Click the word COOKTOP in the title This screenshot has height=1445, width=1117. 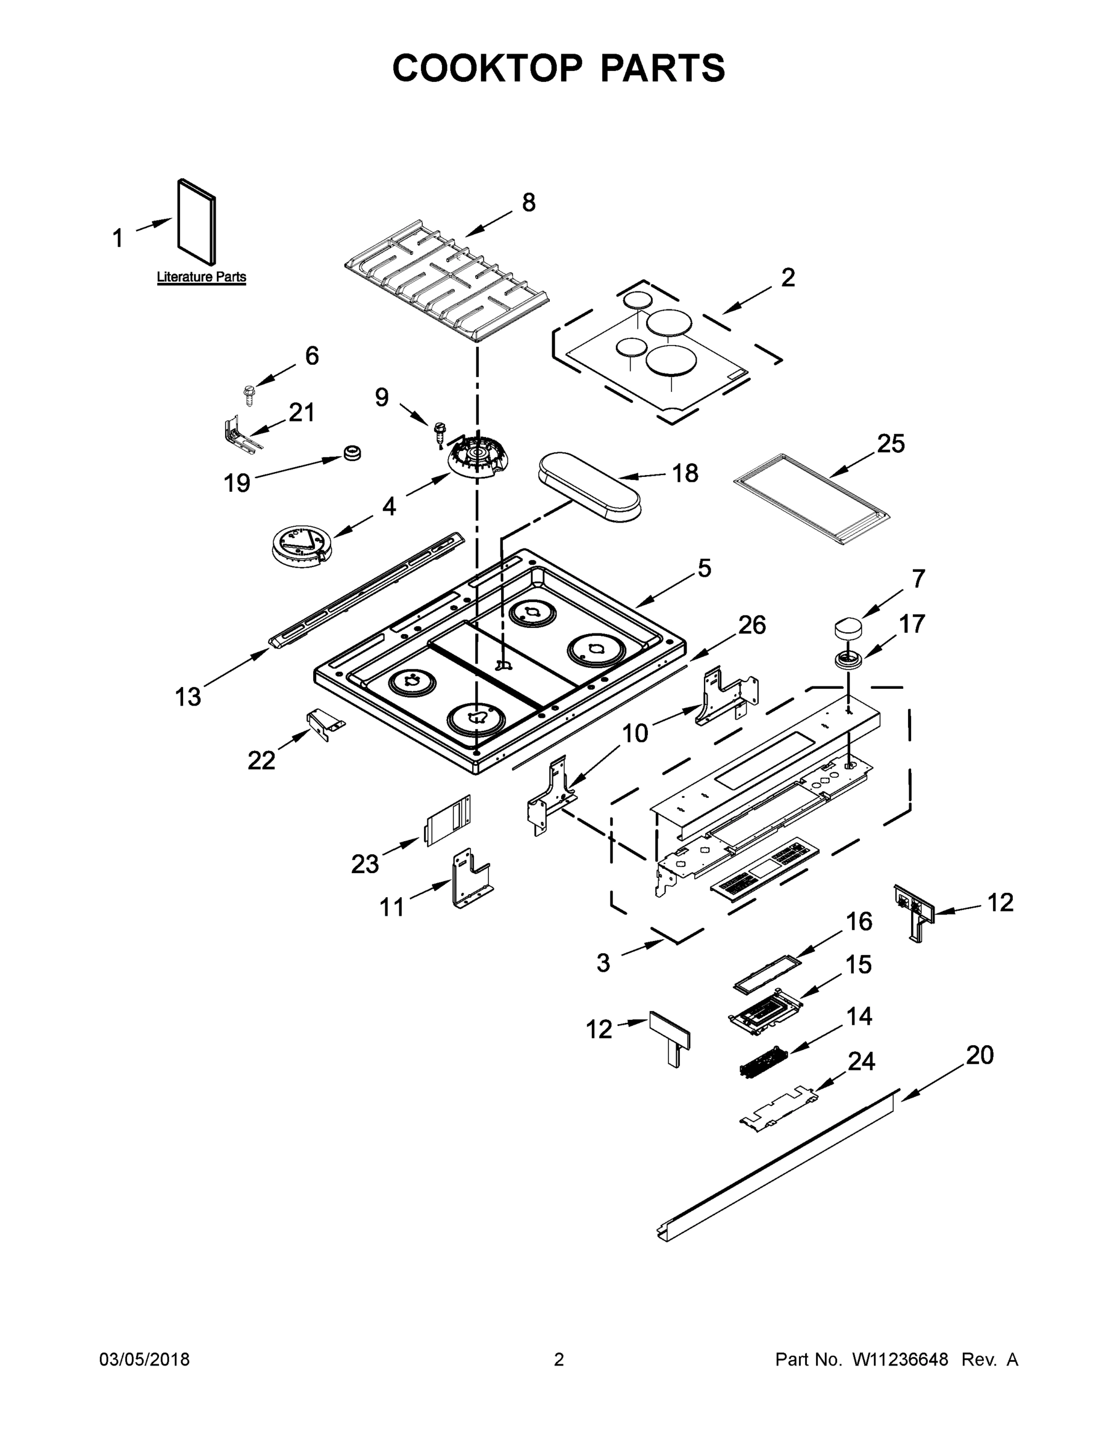(x=488, y=68)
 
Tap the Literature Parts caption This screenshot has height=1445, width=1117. (x=201, y=277)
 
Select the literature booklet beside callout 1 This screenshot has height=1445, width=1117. (x=196, y=223)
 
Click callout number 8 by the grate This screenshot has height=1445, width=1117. (x=528, y=202)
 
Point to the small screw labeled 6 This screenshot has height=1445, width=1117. (x=249, y=395)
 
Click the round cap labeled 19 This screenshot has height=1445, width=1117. (x=352, y=453)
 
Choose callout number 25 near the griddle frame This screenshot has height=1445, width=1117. (x=890, y=444)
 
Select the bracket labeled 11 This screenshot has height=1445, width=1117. (x=470, y=878)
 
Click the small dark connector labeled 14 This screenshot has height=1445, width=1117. (x=762, y=1062)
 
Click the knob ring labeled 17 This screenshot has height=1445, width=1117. (x=848, y=660)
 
